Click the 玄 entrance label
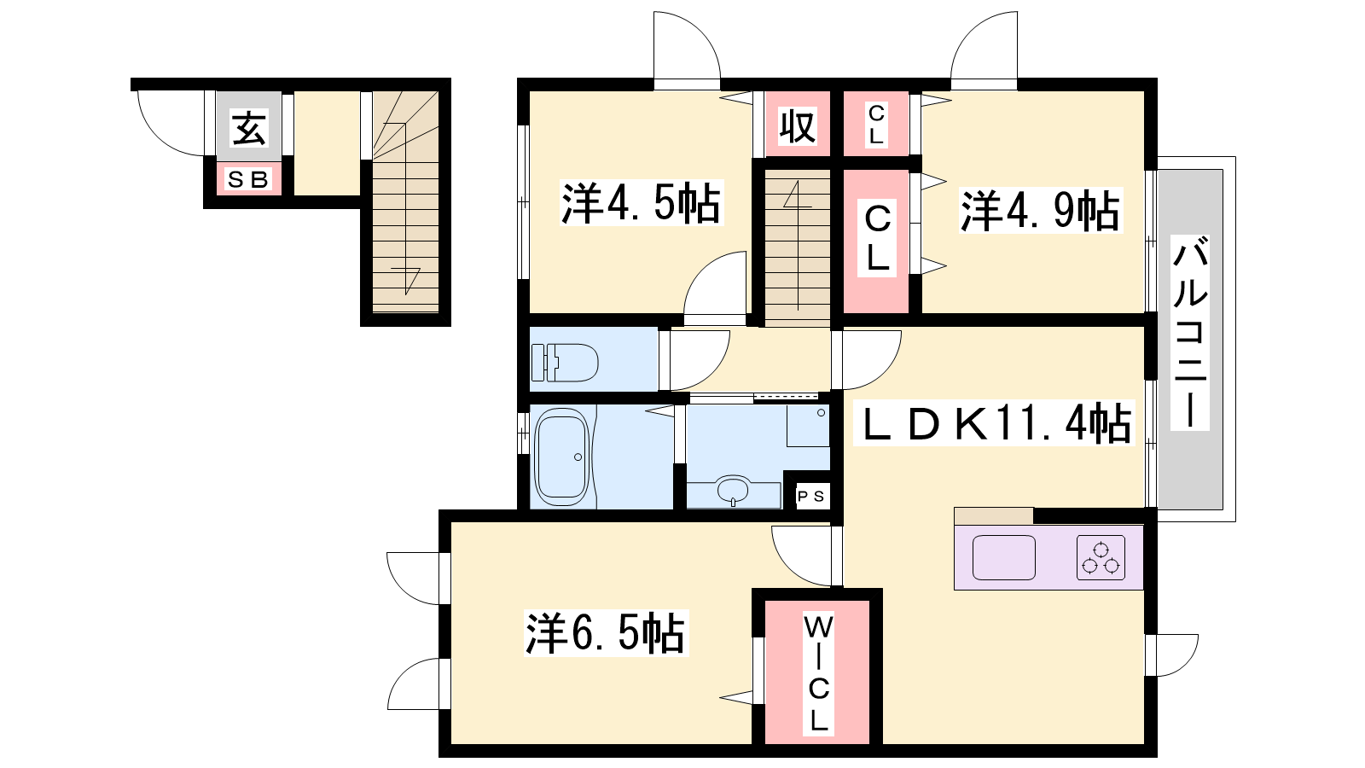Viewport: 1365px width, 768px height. (x=249, y=128)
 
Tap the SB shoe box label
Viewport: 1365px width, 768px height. (x=248, y=180)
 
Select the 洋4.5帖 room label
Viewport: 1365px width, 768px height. (x=641, y=203)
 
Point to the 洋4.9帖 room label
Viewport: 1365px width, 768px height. (x=1040, y=211)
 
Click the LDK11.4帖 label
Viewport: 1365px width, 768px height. (x=997, y=423)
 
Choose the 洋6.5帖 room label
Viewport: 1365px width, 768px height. (x=605, y=633)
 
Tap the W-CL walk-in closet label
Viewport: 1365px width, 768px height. (x=818, y=673)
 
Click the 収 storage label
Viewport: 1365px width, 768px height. (x=798, y=127)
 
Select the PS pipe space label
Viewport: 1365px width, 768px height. (x=811, y=496)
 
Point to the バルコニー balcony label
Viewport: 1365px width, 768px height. (x=1190, y=333)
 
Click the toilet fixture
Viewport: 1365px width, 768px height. (x=564, y=362)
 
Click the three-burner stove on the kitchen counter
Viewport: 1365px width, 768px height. (x=1101, y=557)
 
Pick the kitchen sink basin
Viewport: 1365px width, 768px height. (x=1003, y=557)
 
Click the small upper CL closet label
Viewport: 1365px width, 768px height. (x=875, y=125)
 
